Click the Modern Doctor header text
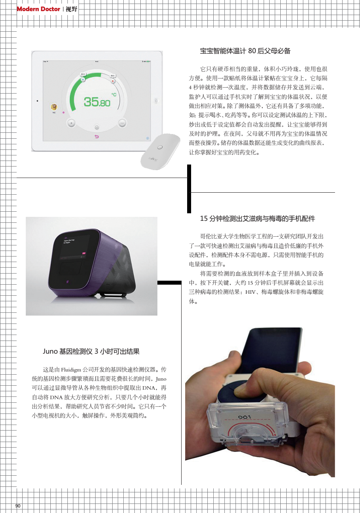coord(38,9)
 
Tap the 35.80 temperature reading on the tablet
coord(97,102)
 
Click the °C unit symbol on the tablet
coord(114,94)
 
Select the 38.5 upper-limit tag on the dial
coord(113,75)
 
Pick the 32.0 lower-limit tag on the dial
coord(83,74)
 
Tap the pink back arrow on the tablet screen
coord(96,137)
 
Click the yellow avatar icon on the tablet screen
coord(54,107)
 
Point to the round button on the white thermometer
coord(159,147)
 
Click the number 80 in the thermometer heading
coord(252,51)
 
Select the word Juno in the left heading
coord(50,351)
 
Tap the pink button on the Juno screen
coord(84,253)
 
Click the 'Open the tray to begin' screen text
coord(69,241)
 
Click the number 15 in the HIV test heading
coord(204,218)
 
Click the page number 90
coord(18,506)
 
